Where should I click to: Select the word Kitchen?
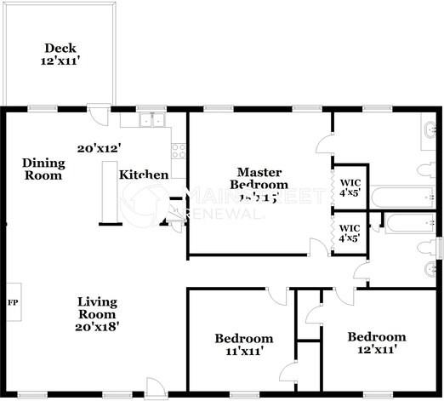click(143, 175)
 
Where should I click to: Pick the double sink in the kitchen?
click(154, 120)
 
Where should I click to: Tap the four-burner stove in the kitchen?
click(179, 151)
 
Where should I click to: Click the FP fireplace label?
click(13, 302)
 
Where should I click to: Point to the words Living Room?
click(97, 307)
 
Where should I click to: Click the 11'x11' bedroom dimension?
click(243, 350)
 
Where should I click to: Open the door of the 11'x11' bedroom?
click(277, 296)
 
